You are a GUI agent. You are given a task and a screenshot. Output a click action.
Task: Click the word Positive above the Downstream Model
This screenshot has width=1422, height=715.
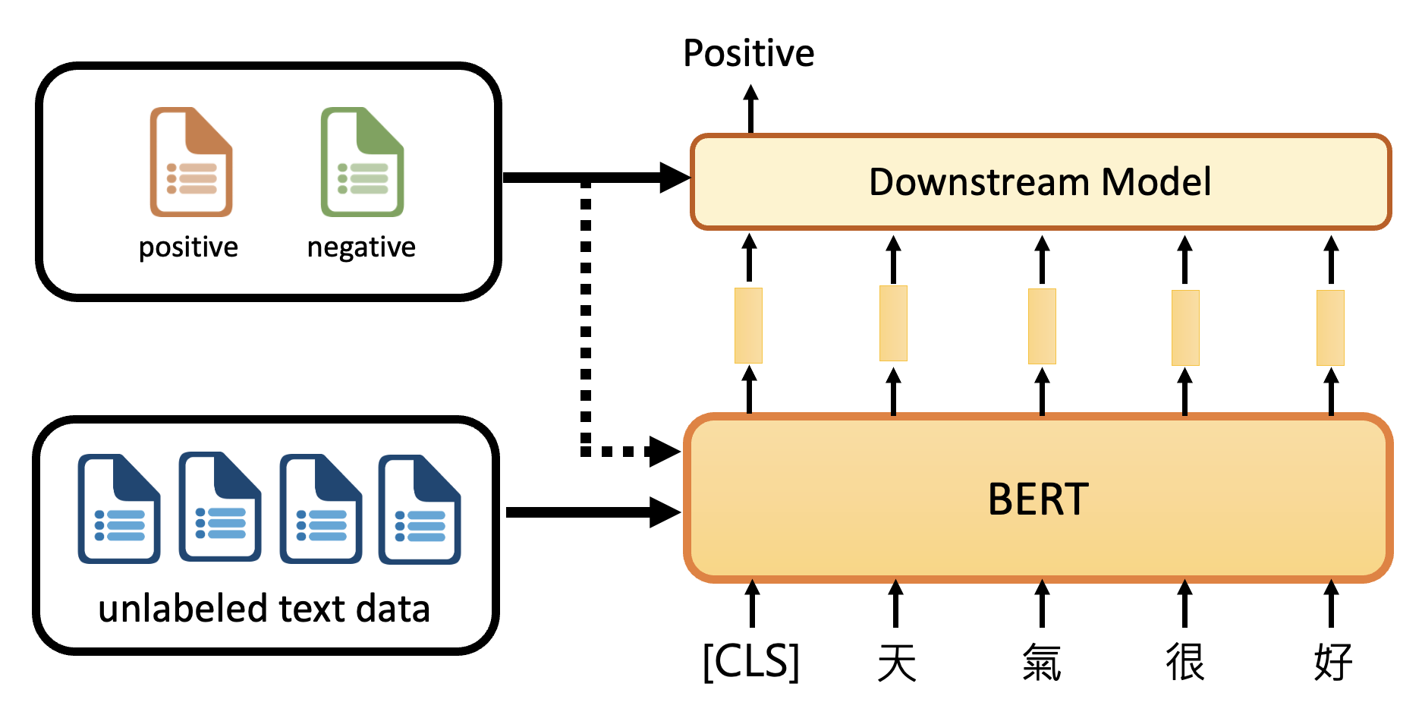(748, 53)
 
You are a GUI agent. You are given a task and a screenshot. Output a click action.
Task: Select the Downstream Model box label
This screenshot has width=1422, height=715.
(1040, 182)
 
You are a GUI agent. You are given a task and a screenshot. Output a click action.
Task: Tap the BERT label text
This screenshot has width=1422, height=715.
(1038, 499)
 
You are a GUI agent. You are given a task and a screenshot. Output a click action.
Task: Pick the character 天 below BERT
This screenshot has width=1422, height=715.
(896, 662)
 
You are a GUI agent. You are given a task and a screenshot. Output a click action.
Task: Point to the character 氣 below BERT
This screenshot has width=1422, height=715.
(1041, 662)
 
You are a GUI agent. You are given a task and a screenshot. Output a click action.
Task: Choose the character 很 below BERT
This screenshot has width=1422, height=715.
(1185, 662)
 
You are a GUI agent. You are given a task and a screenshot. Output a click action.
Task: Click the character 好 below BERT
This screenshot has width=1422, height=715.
(1332, 662)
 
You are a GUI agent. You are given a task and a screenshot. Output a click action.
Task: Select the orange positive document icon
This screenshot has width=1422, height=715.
(191, 162)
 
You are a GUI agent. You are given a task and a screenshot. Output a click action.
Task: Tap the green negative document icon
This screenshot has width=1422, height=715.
(362, 162)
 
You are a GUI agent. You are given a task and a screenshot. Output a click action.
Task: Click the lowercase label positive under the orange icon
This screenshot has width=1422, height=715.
(188, 247)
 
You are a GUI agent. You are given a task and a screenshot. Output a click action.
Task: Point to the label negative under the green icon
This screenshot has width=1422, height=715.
(361, 247)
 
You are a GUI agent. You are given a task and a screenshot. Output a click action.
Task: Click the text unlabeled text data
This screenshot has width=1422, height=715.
(264, 609)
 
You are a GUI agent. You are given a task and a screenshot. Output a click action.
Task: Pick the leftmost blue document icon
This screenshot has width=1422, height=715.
(119, 509)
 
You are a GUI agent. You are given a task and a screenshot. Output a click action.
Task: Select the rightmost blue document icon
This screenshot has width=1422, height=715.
(420, 509)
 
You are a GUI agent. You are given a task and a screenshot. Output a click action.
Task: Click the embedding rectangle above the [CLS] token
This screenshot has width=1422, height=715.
(748, 325)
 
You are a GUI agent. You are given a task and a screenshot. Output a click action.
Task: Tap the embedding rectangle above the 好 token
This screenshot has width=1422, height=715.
(1330, 327)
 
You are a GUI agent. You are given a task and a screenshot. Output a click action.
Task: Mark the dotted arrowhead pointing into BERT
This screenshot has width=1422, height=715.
(665, 452)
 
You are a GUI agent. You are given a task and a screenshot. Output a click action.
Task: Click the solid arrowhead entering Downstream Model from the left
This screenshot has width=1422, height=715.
(674, 178)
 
